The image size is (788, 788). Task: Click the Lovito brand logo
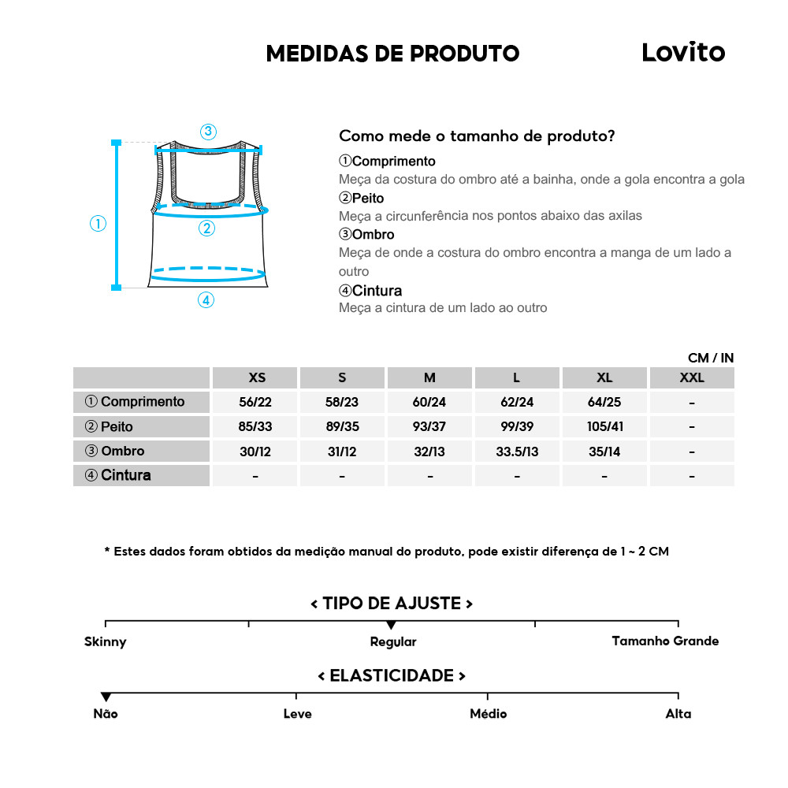[x=682, y=52]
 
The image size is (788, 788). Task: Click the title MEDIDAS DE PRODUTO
[x=392, y=54]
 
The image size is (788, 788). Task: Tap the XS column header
[x=257, y=377]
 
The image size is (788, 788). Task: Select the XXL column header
[x=691, y=377]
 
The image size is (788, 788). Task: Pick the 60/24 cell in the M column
[x=429, y=402]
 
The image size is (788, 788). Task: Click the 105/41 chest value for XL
[x=604, y=427]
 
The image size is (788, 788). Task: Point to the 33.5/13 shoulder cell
[x=517, y=452]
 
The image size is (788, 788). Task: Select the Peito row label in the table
[x=110, y=427]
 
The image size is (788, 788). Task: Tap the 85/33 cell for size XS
[x=255, y=427]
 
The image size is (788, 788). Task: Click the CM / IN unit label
[x=710, y=358]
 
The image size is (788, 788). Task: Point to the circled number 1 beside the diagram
[x=98, y=224]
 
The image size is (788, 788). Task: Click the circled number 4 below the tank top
[x=206, y=299]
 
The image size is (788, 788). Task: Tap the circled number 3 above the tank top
[x=208, y=132]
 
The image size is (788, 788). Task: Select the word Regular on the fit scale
[x=392, y=641]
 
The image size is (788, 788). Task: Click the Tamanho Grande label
[x=665, y=641]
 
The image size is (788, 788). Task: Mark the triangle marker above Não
[x=106, y=697]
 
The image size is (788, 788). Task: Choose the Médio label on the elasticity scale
[x=488, y=714]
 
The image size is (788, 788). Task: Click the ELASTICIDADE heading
[x=392, y=676]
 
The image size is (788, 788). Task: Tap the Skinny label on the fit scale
[x=106, y=641]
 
